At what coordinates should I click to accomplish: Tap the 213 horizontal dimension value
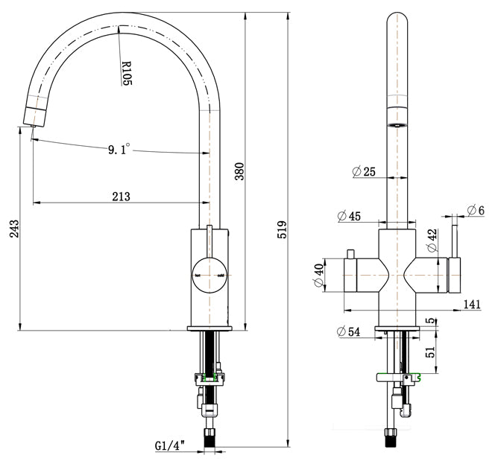coord(121,197)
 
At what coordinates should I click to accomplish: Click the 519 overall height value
coord(282,230)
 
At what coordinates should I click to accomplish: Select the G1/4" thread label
coord(170,447)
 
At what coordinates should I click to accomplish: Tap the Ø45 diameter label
coord(349,216)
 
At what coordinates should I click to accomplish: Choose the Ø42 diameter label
coord(432,240)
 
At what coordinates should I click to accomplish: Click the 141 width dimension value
coord(471,303)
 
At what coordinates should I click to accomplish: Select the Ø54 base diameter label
coord(349,331)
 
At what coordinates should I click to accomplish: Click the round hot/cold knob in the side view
coord(210,274)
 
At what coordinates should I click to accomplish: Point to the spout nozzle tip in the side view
coord(37,115)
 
